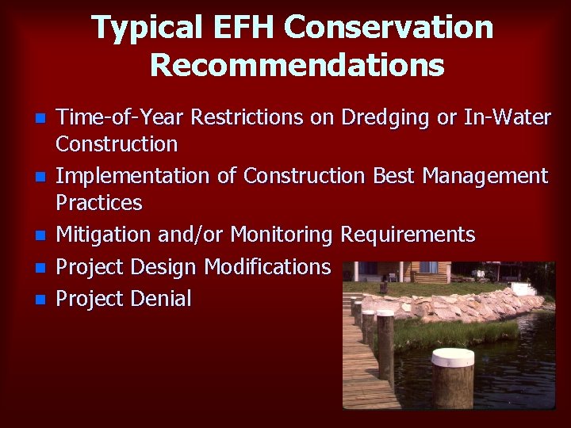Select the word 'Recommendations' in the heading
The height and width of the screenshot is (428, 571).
coord(297,65)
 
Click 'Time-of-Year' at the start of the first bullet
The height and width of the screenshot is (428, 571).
coord(116,118)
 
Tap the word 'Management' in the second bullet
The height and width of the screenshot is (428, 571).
coord(485,176)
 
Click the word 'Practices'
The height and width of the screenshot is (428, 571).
coord(98,203)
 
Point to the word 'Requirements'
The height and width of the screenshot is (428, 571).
coord(408,235)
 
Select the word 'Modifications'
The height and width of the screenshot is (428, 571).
coord(267,267)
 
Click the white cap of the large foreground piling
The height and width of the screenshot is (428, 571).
coord(453,357)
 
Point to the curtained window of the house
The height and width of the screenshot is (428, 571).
coord(428,268)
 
